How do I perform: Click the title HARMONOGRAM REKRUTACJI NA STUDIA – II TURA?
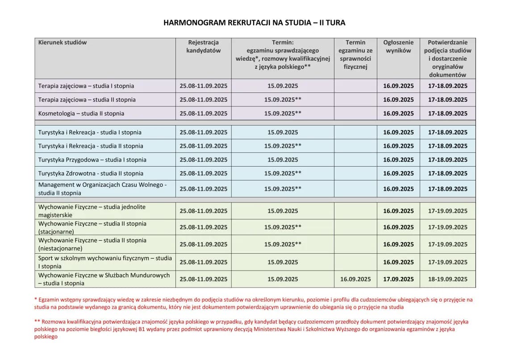(254, 22)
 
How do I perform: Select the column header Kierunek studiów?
(63, 42)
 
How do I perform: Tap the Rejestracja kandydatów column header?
(203, 46)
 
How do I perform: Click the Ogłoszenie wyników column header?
(398, 46)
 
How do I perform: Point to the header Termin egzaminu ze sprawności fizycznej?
(355, 54)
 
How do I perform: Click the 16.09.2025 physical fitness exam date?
(355, 279)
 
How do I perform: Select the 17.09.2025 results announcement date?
(398, 279)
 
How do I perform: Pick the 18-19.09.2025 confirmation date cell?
(447, 279)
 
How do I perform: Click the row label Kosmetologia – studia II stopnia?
(81, 113)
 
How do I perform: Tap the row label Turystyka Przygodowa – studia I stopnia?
(92, 159)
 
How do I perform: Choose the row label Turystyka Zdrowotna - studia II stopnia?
(91, 173)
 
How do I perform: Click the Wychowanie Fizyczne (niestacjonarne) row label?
(92, 244)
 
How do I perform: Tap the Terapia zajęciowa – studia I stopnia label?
(86, 86)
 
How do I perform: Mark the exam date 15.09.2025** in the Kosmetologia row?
(283, 113)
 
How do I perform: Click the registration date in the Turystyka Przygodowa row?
(203, 159)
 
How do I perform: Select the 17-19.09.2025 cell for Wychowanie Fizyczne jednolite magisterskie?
(447, 211)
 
